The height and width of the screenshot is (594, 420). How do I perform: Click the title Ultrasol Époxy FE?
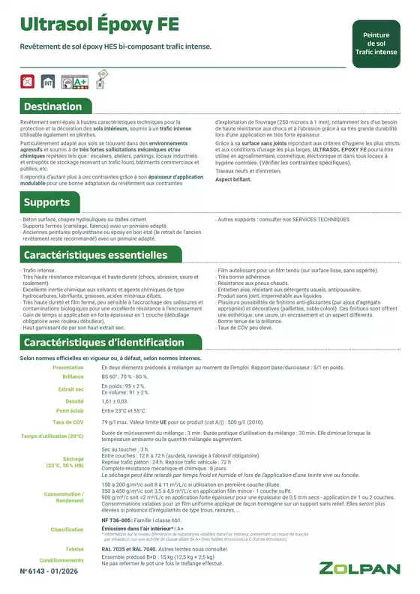[x=99, y=24]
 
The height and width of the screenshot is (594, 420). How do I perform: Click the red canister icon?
[x=28, y=79]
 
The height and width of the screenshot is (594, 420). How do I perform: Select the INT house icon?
[x=48, y=79]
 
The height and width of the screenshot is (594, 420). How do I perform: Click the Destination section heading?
[x=52, y=106]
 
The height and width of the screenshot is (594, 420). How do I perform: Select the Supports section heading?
[x=46, y=202]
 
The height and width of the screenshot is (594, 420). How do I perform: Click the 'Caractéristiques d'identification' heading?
[x=103, y=343]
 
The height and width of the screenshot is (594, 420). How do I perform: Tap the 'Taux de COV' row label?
[x=68, y=423]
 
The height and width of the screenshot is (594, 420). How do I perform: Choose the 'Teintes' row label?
[x=73, y=549]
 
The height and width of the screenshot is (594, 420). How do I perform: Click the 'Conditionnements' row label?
[x=61, y=560]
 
